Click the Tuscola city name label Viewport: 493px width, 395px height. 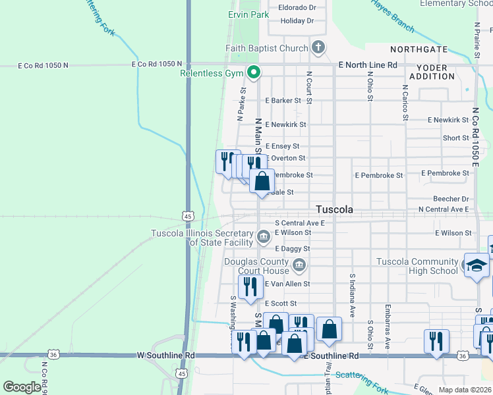click(x=334, y=209)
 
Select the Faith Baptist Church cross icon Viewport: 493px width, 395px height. click(x=318, y=47)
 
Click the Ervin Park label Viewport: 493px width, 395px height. click(x=248, y=14)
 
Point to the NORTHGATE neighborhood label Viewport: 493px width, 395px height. click(x=419, y=50)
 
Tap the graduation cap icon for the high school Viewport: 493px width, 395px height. click(x=477, y=266)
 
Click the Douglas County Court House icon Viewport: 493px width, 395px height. click(x=300, y=265)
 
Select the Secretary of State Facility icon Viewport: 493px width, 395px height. click(x=264, y=236)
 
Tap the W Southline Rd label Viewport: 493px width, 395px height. click(x=166, y=355)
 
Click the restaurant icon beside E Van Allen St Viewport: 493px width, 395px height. click(x=250, y=287)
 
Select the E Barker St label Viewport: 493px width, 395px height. click(x=283, y=101)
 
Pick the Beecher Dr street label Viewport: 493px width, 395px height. click(x=451, y=199)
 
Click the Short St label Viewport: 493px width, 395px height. click(x=455, y=138)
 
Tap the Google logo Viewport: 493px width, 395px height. click(x=22, y=387)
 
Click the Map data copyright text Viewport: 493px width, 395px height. click(x=464, y=390)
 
